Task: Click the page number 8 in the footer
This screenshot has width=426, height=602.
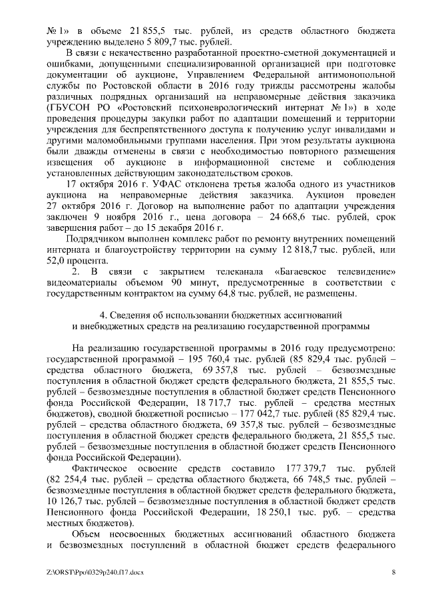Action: click(x=393, y=571)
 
